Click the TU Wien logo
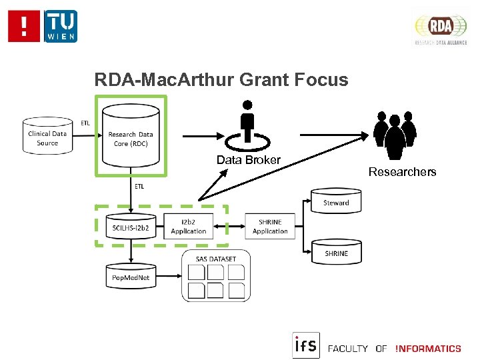click(61, 26)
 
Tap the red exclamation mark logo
click(25, 26)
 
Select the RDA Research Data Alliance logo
click(441, 29)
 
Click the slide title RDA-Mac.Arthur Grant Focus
click(221, 81)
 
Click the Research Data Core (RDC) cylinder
click(131, 138)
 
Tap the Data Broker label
click(249, 160)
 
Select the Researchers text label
click(402, 172)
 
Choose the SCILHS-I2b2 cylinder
click(131, 227)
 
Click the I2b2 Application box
click(189, 227)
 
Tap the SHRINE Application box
click(270, 227)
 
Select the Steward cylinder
click(336, 202)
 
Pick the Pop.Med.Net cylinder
click(131, 276)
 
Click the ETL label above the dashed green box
click(139, 187)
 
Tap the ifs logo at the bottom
click(306, 345)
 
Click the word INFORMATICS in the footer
click(428, 349)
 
